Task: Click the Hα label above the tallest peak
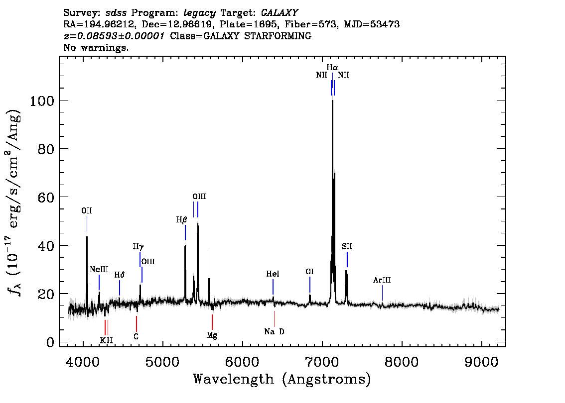[332, 67]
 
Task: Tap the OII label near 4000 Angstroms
[87, 210]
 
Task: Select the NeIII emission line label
[99, 270]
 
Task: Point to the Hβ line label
[181, 219]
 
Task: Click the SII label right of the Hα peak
[347, 246]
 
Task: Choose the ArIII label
[382, 280]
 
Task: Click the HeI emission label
[273, 274]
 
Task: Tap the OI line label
[309, 271]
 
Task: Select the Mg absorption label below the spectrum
[212, 336]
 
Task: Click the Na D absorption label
[274, 331]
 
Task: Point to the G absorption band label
[136, 336]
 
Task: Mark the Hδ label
[119, 275]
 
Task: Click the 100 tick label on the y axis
[42, 101]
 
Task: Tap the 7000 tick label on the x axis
[322, 362]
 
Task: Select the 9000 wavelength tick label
[481, 362]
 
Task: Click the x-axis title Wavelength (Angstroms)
[282, 379]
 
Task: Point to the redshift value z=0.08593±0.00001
[114, 36]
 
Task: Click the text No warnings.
[96, 47]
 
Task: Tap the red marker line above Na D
[275, 319]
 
